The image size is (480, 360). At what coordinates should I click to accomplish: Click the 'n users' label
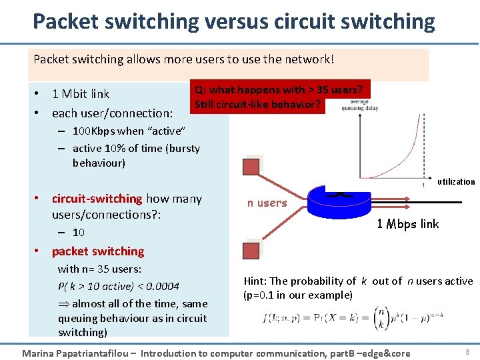(x=267, y=203)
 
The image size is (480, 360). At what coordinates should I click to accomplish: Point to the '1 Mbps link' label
(x=408, y=224)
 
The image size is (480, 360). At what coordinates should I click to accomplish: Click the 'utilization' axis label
(x=457, y=181)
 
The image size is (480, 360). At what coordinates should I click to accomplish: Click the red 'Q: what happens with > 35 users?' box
(x=279, y=97)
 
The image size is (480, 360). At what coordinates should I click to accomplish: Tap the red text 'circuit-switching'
(x=97, y=199)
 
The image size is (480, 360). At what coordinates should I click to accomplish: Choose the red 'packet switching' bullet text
(x=98, y=251)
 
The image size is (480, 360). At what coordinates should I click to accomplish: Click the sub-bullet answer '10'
(x=79, y=233)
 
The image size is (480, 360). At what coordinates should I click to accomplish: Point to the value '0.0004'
(x=163, y=287)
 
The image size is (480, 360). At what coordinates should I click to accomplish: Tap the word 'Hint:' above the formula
(x=255, y=281)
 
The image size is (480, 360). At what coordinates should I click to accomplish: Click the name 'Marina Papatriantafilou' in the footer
(x=74, y=353)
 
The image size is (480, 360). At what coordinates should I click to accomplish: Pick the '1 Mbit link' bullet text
(x=81, y=94)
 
